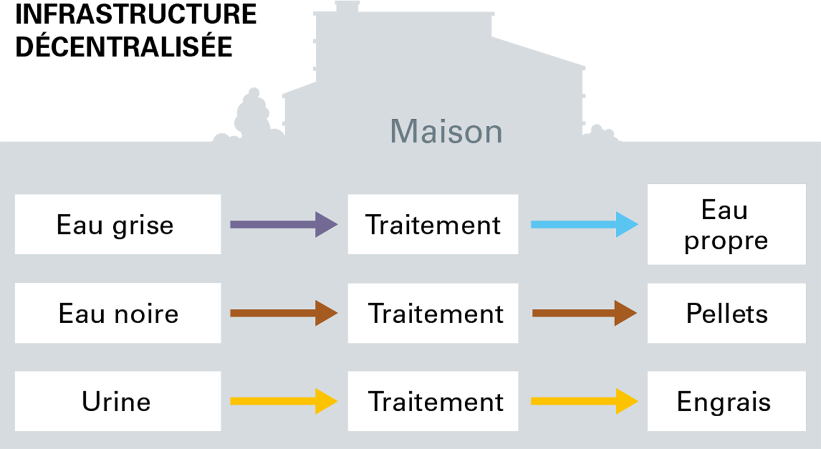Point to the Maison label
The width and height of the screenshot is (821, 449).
point(446,131)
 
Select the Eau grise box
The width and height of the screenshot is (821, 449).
point(118,224)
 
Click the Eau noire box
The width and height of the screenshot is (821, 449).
point(118,313)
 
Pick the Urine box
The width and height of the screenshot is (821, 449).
point(118,401)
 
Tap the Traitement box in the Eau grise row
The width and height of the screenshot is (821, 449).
point(433,224)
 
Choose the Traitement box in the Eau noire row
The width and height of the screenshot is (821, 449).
point(433,313)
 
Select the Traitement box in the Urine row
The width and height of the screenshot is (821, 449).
point(433,401)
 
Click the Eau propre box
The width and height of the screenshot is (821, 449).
point(726,224)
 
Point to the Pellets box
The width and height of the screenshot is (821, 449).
point(726,313)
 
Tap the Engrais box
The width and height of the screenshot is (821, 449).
point(726,401)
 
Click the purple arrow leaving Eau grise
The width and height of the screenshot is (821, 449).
point(284,224)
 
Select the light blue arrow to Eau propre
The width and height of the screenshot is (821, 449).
point(585,224)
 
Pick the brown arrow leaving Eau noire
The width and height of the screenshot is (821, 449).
point(284,313)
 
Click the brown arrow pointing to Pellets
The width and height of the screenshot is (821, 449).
point(585,313)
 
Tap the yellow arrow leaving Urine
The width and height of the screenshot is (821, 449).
point(284,401)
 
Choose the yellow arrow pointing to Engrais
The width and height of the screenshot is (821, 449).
point(585,401)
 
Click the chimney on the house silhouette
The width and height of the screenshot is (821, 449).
point(347,7)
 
